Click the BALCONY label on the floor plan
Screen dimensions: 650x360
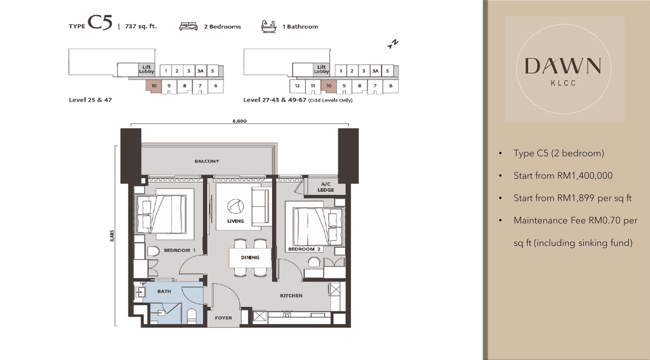(207, 161)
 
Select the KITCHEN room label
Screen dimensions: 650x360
(291, 296)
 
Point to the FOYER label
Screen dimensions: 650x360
(223, 318)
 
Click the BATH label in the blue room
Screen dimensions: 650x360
(164, 291)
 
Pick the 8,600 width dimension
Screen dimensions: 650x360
(239, 121)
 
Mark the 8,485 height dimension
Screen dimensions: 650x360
(112, 236)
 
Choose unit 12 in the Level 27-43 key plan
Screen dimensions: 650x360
(297, 86)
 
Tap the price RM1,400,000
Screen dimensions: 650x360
(585, 176)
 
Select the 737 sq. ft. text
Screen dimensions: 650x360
(141, 26)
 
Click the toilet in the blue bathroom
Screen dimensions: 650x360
(192, 316)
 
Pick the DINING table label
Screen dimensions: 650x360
(250, 258)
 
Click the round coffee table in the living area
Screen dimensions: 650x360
(235, 206)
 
